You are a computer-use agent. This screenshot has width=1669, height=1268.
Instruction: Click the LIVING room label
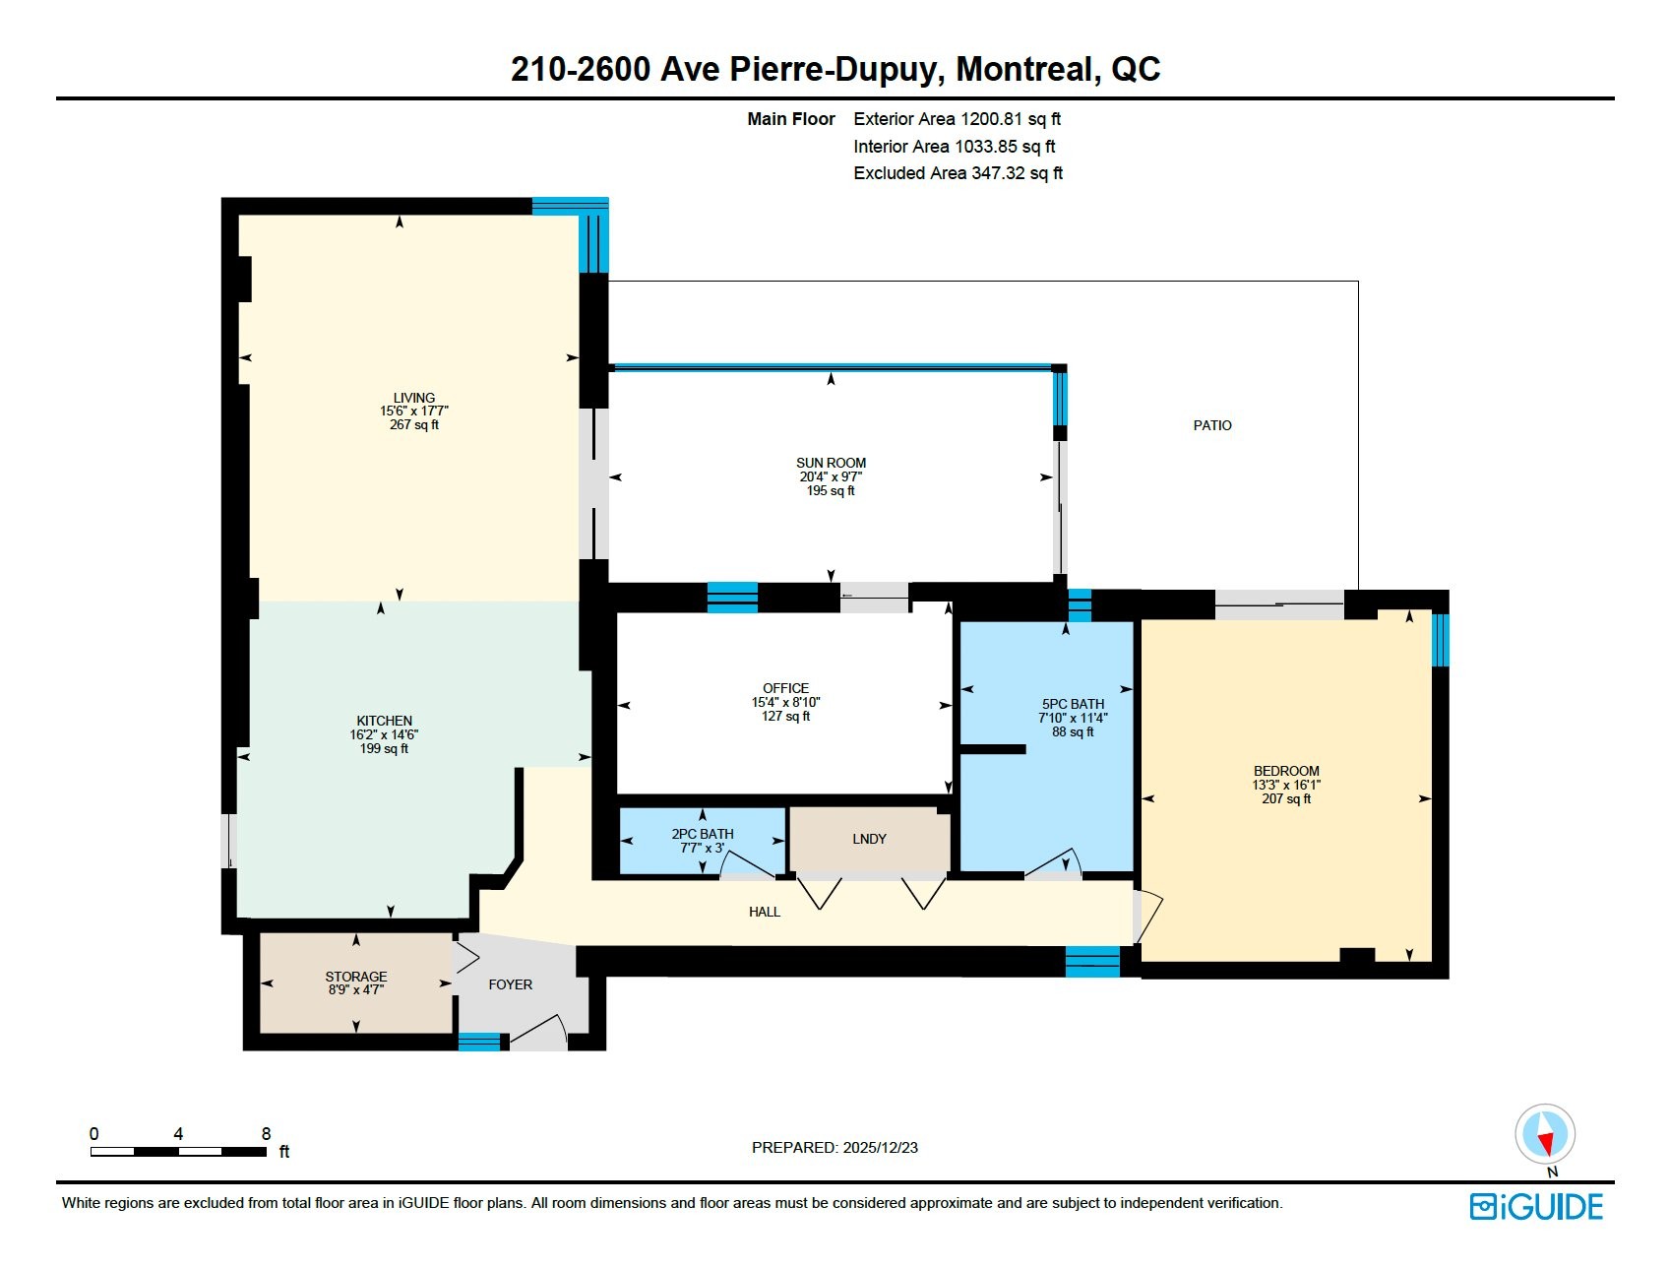[414, 398]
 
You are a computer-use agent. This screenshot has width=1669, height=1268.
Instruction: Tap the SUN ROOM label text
[831, 463]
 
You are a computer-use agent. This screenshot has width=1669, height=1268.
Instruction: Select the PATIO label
[1212, 425]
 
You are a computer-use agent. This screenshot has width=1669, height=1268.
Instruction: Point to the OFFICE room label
[785, 688]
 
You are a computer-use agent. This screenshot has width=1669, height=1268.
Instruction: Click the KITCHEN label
[384, 721]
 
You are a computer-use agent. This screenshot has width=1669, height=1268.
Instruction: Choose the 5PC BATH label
[1073, 704]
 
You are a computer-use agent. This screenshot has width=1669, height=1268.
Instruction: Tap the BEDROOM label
[1286, 771]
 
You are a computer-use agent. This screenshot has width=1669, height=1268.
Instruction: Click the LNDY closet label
[869, 839]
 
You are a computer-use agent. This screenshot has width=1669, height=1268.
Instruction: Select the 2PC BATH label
[703, 834]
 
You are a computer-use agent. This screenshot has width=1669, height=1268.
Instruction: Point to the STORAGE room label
[356, 977]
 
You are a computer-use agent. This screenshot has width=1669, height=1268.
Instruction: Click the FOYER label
[510, 984]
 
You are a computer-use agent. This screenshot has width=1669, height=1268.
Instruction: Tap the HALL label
[765, 912]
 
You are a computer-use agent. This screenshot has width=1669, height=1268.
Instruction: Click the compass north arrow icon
[1545, 1134]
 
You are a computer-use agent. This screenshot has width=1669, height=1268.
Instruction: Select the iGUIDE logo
[1537, 1207]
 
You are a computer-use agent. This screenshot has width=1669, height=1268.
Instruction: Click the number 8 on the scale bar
[266, 1134]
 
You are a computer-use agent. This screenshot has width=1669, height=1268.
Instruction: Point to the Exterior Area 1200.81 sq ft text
[958, 119]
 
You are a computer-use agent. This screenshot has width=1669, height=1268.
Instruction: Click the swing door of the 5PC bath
[1055, 861]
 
